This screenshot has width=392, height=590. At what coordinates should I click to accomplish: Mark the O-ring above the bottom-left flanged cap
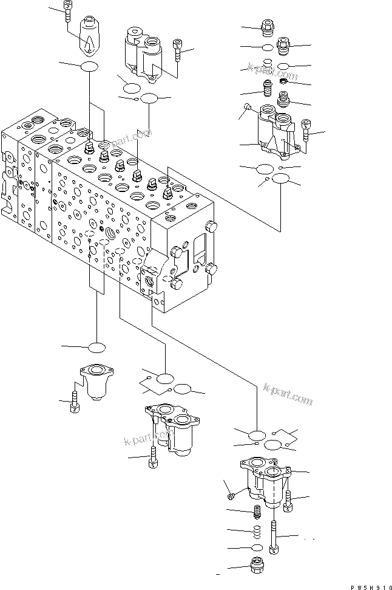[x=97, y=348]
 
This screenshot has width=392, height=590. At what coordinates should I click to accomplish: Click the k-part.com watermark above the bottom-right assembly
[x=288, y=394]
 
